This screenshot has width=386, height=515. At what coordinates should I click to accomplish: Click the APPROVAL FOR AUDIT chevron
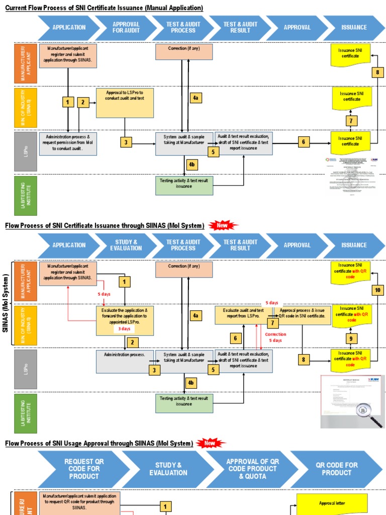(126, 27)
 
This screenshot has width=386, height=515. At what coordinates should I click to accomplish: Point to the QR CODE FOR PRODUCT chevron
(336, 468)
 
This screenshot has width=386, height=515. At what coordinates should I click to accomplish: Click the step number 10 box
(378, 290)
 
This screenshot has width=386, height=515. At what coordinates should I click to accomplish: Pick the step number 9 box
(351, 338)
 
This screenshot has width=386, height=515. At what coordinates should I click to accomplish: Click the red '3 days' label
(124, 329)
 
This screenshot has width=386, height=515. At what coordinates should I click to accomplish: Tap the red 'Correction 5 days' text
(275, 337)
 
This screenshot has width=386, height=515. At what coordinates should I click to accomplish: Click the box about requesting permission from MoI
(68, 143)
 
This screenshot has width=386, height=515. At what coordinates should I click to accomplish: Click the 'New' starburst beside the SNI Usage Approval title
(210, 443)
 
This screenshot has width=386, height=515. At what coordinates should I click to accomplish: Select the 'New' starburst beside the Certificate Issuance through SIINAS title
(222, 225)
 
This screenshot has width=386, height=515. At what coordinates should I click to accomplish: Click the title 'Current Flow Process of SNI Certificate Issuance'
(104, 8)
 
